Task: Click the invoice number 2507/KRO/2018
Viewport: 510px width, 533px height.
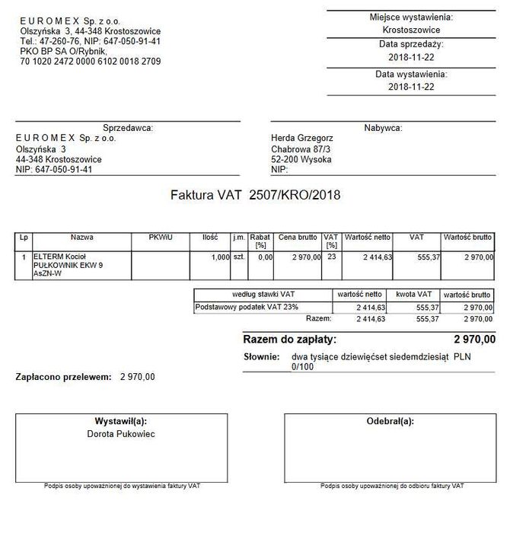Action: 290,195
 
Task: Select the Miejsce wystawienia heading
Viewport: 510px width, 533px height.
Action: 411,17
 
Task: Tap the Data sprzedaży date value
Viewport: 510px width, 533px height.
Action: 411,58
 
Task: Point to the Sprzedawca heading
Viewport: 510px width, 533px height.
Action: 128,128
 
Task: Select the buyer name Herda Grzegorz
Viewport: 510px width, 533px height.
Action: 301,138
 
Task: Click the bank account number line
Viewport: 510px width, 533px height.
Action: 91,61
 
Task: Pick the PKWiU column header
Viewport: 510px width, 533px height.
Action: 161,238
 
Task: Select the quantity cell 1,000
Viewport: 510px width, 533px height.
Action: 220,258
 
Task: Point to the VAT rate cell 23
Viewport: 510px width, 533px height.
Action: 331,258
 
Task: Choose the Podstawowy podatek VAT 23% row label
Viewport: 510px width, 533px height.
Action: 237,307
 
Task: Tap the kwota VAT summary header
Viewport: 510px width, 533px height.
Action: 414,294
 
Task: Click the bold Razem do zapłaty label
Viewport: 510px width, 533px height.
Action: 289,339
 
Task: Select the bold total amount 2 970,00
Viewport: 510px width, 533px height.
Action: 474,339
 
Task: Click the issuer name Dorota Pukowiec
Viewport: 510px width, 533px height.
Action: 120,433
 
